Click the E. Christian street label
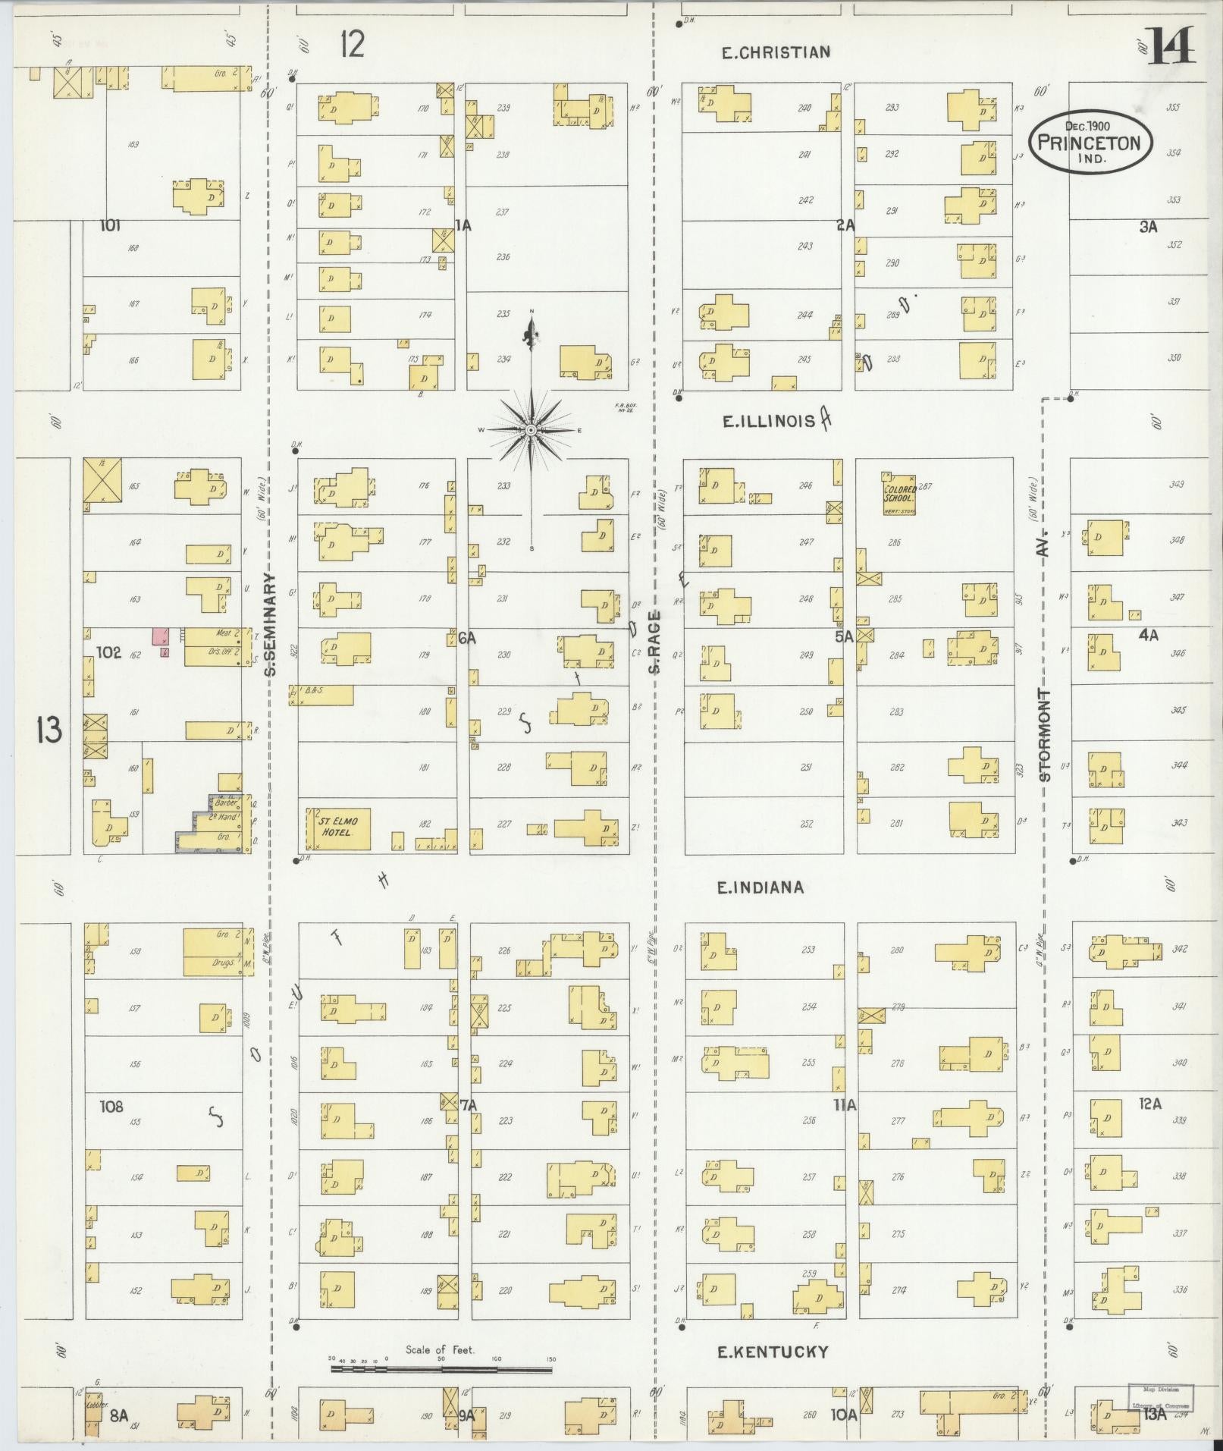tap(775, 52)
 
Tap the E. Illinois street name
tap(768, 421)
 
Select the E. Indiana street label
tap(760, 887)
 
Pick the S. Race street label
tap(654, 641)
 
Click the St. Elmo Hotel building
tap(338, 828)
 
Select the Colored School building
tap(899, 494)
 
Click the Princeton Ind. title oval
tap(1090, 142)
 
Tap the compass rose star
tap(531, 430)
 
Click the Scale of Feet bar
tap(441, 1369)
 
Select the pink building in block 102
tap(161, 636)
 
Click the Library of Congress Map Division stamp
tap(1160, 1397)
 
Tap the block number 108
tap(111, 1107)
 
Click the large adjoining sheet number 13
tap(48, 731)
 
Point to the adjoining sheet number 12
tap(352, 45)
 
